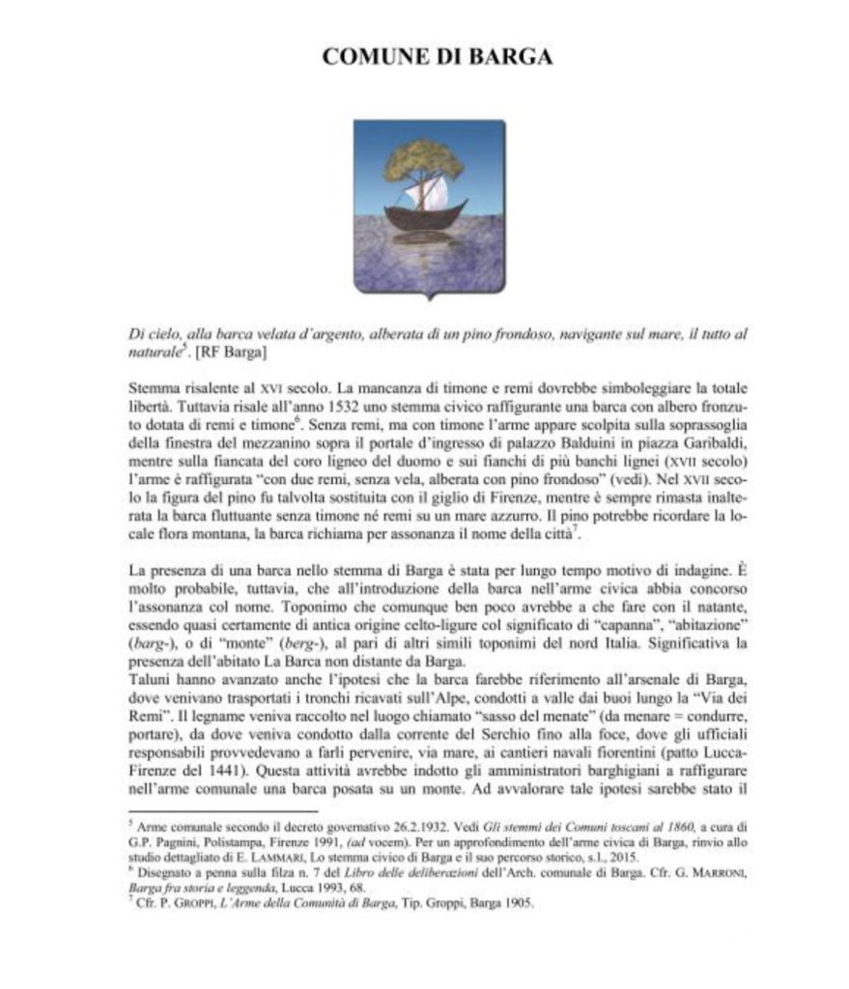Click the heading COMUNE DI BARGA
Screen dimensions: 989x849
coord(437,56)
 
